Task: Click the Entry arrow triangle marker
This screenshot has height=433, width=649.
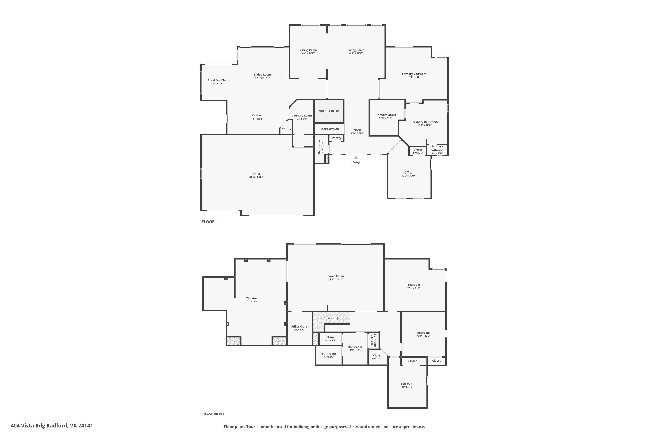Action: point(356,157)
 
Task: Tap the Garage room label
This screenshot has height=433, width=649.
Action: point(256,174)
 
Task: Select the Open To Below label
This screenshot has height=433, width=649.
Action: point(329,111)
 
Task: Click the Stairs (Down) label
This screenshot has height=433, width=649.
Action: point(329,129)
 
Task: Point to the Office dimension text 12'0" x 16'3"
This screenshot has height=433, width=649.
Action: point(408,176)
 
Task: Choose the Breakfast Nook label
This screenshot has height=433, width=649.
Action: point(218,80)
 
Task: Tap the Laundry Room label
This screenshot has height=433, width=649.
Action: point(302,116)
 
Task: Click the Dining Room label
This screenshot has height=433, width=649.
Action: point(308,50)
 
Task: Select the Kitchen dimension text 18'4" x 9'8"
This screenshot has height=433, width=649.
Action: point(257,119)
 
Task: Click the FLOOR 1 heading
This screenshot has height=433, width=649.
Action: point(209,222)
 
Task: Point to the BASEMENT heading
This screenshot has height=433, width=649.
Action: point(214,414)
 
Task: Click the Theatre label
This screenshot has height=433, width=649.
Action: point(251,299)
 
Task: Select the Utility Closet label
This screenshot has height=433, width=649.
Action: point(299,326)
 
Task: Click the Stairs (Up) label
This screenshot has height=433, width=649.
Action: point(331,318)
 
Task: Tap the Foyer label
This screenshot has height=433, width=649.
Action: point(357,129)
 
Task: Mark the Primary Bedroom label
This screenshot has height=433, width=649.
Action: point(414,74)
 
